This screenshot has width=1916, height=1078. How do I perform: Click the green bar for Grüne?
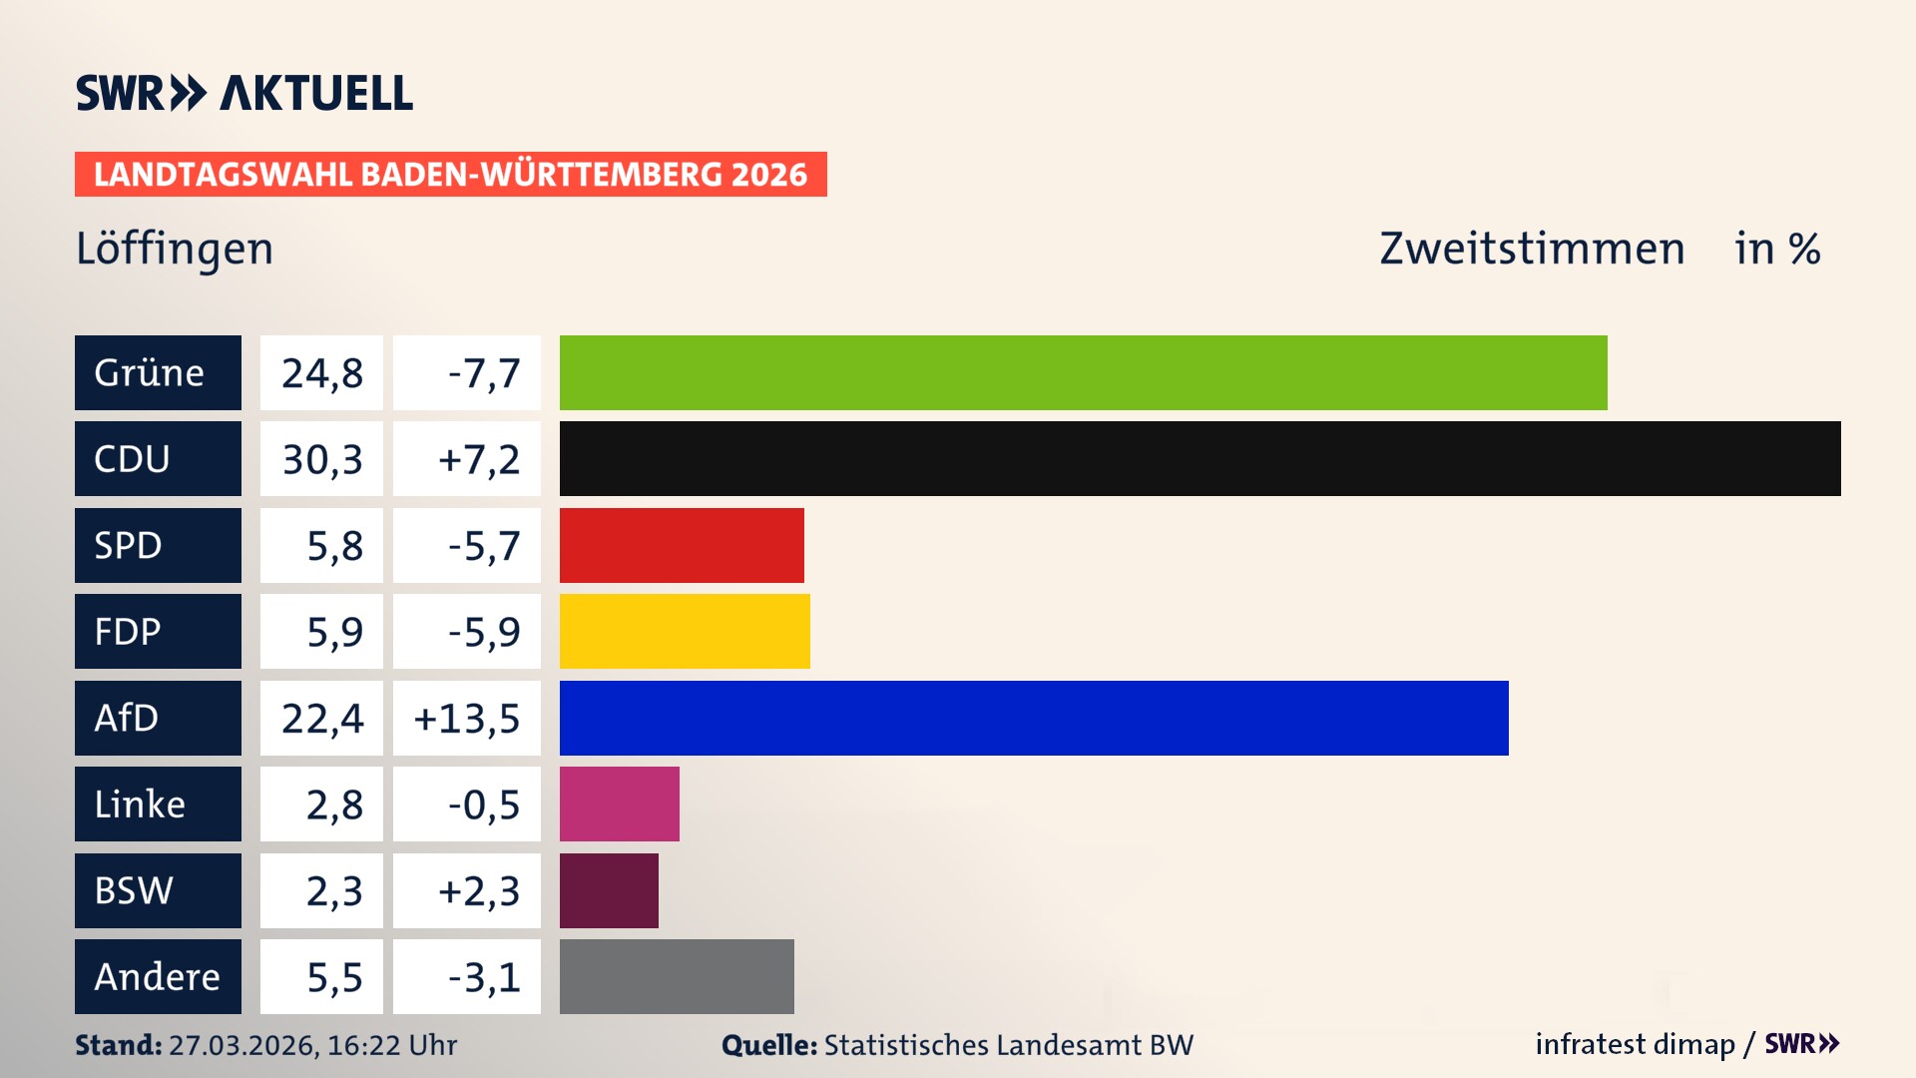1083,372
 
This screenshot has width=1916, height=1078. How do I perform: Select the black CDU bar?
1199,458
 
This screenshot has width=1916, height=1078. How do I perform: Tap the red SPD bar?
682,545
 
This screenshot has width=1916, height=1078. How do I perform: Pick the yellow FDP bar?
685,631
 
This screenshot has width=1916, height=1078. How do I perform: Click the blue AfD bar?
1034,718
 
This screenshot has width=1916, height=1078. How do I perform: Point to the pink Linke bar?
619,804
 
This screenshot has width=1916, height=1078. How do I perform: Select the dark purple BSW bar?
609,890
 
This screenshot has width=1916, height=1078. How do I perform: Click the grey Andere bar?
677,976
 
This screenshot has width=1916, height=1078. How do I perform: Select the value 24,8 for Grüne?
321,372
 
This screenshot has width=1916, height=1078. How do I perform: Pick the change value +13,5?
466,718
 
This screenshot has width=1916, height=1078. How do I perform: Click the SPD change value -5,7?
483,545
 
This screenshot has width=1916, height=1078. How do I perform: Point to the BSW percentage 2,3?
333,890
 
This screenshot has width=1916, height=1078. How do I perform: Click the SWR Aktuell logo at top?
243,93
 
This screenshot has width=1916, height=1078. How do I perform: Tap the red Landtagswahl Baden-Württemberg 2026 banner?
450,174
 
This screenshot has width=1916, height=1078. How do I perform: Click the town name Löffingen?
175,249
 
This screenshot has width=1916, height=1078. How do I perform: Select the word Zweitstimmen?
1532,249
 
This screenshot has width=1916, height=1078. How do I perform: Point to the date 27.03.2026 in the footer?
242,1045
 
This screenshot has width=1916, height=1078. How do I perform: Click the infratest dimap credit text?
1635,1044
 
